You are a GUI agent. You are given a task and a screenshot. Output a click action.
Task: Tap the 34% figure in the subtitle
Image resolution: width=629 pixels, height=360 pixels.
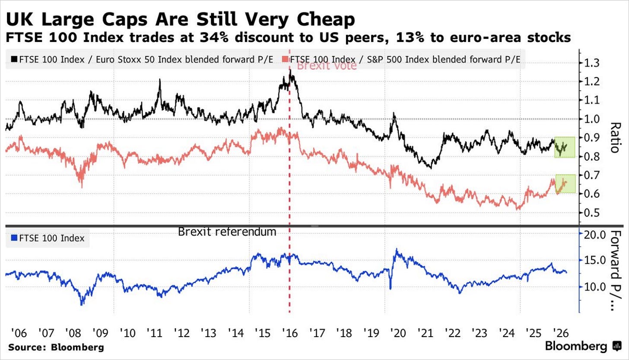point(214,38)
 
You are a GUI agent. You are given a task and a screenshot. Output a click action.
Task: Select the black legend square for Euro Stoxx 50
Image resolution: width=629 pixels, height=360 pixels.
point(14,60)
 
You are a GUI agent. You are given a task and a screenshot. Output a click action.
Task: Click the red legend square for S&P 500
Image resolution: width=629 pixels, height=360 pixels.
point(286,60)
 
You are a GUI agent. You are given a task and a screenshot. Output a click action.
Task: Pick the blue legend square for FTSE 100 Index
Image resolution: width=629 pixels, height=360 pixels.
point(14,238)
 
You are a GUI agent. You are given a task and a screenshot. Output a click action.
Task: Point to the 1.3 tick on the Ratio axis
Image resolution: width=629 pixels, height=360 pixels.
point(592,63)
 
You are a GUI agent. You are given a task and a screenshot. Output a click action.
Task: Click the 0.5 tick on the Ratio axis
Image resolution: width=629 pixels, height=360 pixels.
point(592,213)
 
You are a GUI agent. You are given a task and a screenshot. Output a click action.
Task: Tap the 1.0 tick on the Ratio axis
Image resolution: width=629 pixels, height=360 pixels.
point(592,119)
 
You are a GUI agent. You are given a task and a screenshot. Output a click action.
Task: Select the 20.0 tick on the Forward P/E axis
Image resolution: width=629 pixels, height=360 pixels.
point(595,235)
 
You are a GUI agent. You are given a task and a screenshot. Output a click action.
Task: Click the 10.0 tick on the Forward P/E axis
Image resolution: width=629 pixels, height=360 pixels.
point(595,287)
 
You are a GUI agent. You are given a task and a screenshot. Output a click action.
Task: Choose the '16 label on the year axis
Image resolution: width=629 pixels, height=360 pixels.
point(290,333)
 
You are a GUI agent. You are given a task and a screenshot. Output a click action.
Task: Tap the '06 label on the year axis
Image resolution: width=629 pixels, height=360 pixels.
point(19,333)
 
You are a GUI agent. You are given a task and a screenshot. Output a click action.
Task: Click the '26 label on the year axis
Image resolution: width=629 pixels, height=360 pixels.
point(560,333)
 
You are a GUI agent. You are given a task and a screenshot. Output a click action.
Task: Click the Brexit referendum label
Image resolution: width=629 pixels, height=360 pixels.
point(227,232)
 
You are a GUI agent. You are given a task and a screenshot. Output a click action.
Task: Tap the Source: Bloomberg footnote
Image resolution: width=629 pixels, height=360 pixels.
point(56,347)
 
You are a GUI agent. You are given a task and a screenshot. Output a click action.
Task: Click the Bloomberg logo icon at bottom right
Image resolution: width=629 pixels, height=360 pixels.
point(617,346)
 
